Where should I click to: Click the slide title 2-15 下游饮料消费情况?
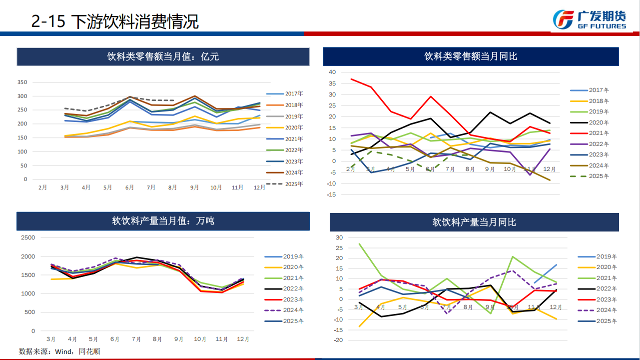[115, 21]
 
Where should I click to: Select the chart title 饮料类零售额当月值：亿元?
[163, 56]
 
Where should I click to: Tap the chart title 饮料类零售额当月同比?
[470, 56]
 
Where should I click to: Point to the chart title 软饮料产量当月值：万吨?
[163, 220]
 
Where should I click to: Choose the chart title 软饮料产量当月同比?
[474, 222]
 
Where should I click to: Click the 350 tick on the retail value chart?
[22, 82]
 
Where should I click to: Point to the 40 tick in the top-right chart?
[332, 72]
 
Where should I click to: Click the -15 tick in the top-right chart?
[331, 194]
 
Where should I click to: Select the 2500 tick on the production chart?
[28, 237]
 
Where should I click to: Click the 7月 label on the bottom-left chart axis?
[136, 339]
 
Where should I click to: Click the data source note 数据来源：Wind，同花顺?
[59, 351]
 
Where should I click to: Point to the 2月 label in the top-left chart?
[43, 187]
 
